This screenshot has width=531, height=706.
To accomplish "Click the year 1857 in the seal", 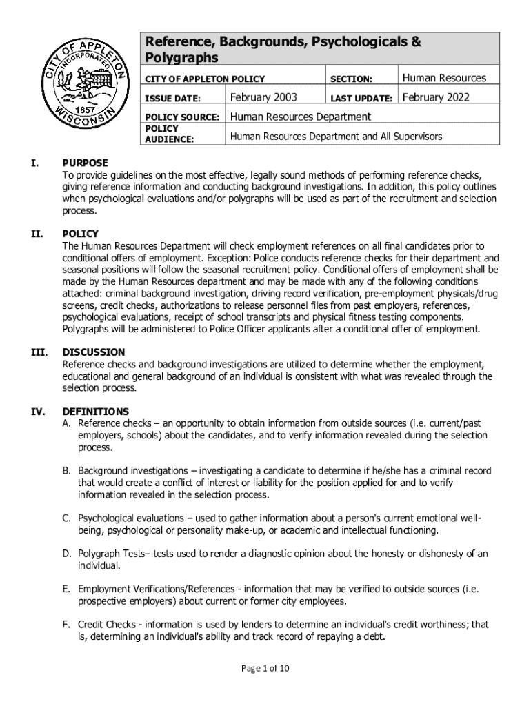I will [x=84, y=110].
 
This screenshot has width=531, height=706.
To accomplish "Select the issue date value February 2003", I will [x=263, y=97].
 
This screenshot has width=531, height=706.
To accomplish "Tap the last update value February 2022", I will [x=436, y=97].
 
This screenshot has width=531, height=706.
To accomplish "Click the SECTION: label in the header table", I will [x=352, y=79].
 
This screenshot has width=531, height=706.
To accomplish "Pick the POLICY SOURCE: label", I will [x=181, y=117].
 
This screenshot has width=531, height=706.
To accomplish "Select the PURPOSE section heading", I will [x=85, y=163].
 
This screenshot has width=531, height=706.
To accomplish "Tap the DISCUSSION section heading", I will [x=94, y=352].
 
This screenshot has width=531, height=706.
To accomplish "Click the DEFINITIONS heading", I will [x=95, y=412].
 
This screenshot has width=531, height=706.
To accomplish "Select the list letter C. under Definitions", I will [x=67, y=518].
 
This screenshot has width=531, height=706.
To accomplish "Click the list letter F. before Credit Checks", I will [x=66, y=625].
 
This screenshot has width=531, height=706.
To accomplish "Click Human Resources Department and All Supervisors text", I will [x=336, y=137].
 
